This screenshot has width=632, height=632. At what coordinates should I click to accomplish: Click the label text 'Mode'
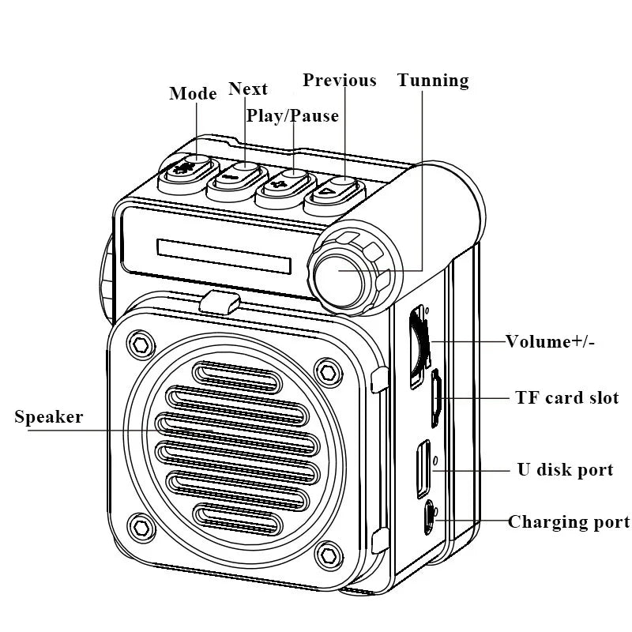[193, 94]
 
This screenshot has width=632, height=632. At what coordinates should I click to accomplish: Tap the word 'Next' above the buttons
[248, 88]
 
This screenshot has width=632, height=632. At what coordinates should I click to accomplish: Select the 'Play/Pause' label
[292, 116]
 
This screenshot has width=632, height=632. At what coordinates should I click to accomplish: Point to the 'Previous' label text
[340, 81]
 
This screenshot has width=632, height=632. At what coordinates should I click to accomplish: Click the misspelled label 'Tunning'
[433, 81]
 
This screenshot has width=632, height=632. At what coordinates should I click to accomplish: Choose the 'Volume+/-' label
[551, 342]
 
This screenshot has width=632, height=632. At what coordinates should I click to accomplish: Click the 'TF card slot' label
[566, 398]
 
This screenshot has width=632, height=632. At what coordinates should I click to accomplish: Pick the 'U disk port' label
[565, 470]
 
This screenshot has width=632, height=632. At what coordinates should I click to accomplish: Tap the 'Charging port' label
[569, 522]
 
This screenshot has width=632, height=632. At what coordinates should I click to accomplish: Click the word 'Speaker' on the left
[48, 417]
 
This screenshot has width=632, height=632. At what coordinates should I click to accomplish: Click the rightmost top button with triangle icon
[334, 191]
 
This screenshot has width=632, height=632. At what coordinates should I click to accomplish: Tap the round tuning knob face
[337, 273]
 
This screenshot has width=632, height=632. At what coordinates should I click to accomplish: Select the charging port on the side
[430, 518]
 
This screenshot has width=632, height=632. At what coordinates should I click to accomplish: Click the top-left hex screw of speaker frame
[141, 345]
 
